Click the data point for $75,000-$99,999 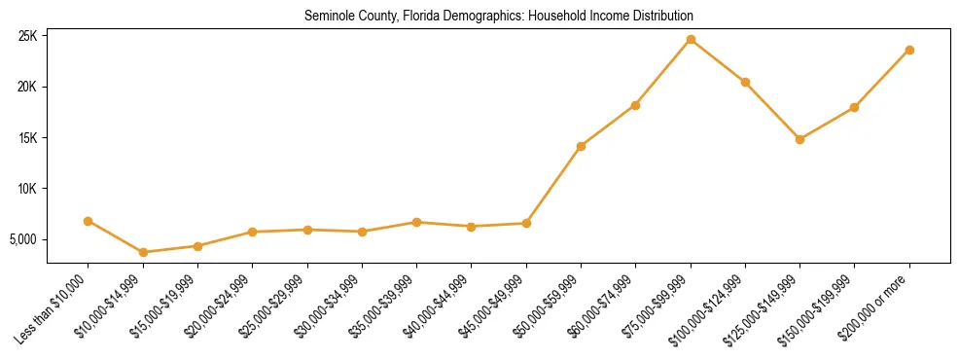coord(691,40)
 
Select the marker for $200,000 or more coord(909,50)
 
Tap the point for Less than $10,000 coord(89,221)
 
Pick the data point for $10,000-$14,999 coord(143,252)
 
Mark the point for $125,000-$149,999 coord(799,139)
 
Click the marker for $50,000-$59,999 coord(581,146)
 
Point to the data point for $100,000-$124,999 coord(745,82)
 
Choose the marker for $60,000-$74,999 coord(635,105)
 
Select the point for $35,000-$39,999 coord(416,222)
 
